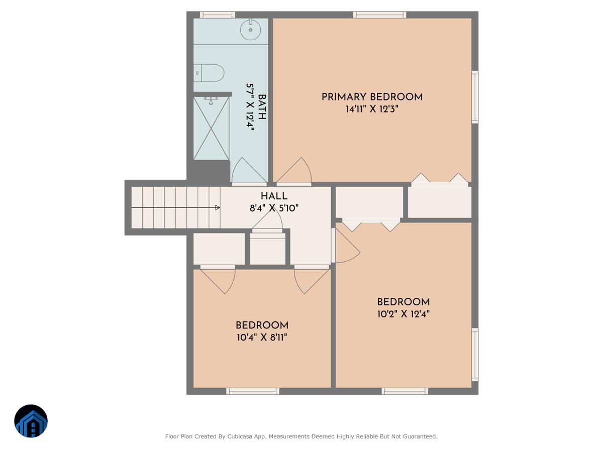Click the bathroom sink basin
tap(250, 30)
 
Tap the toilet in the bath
tap(210, 73)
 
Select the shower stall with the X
tap(211, 129)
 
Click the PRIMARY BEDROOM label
tap(372, 97)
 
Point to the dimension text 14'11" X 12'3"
tap(372, 109)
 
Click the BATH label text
tap(262, 107)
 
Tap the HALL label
tap(274, 196)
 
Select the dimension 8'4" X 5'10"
tap(274, 208)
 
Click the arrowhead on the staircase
tap(217, 207)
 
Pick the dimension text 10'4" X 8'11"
tap(262, 337)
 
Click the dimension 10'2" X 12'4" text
tap(403, 314)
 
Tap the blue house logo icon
tap(31, 421)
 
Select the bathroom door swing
tap(248, 171)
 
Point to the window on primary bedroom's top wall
tap(379, 15)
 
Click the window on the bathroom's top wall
tap(217, 15)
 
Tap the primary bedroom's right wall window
tap(474, 97)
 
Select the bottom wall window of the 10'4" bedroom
tap(252, 391)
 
